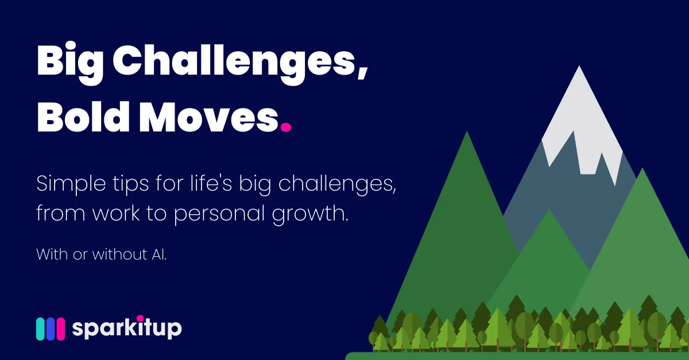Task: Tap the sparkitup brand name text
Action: [x=127, y=329]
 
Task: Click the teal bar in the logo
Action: [x=41, y=329]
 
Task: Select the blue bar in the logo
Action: [x=51, y=329]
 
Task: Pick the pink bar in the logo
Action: [x=60, y=329]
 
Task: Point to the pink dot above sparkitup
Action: [x=140, y=318]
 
